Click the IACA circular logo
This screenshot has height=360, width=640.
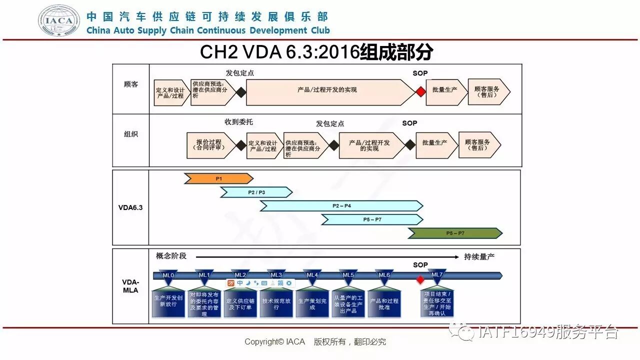pyautogui.click(x=59, y=20)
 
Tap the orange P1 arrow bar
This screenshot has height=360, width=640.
pyautogui.click(x=218, y=178)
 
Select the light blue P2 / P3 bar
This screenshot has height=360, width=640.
pyautogui.click(x=256, y=192)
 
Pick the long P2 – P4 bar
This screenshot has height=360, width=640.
pyautogui.click(x=341, y=205)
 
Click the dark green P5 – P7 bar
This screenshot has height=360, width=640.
pyautogui.click(x=455, y=233)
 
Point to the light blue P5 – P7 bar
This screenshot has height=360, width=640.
pyautogui.click(x=372, y=219)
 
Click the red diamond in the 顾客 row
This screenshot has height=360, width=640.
pyautogui.click(x=420, y=92)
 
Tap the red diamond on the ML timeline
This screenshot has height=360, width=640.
pyautogui.click(x=420, y=278)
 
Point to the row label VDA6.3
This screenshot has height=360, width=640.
pyautogui.click(x=131, y=207)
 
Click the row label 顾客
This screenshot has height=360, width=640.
pyautogui.click(x=131, y=84)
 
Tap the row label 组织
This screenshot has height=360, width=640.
pyautogui.click(x=131, y=134)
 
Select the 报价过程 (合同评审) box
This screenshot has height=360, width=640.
pyautogui.click(x=210, y=145)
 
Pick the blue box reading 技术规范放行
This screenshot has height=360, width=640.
pyautogui.click(x=276, y=304)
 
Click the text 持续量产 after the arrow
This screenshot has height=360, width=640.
pyautogui.click(x=479, y=256)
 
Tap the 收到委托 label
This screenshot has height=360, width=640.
pyautogui.click(x=239, y=122)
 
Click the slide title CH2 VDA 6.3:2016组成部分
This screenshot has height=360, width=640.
pyautogui.click(x=316, y=52)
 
